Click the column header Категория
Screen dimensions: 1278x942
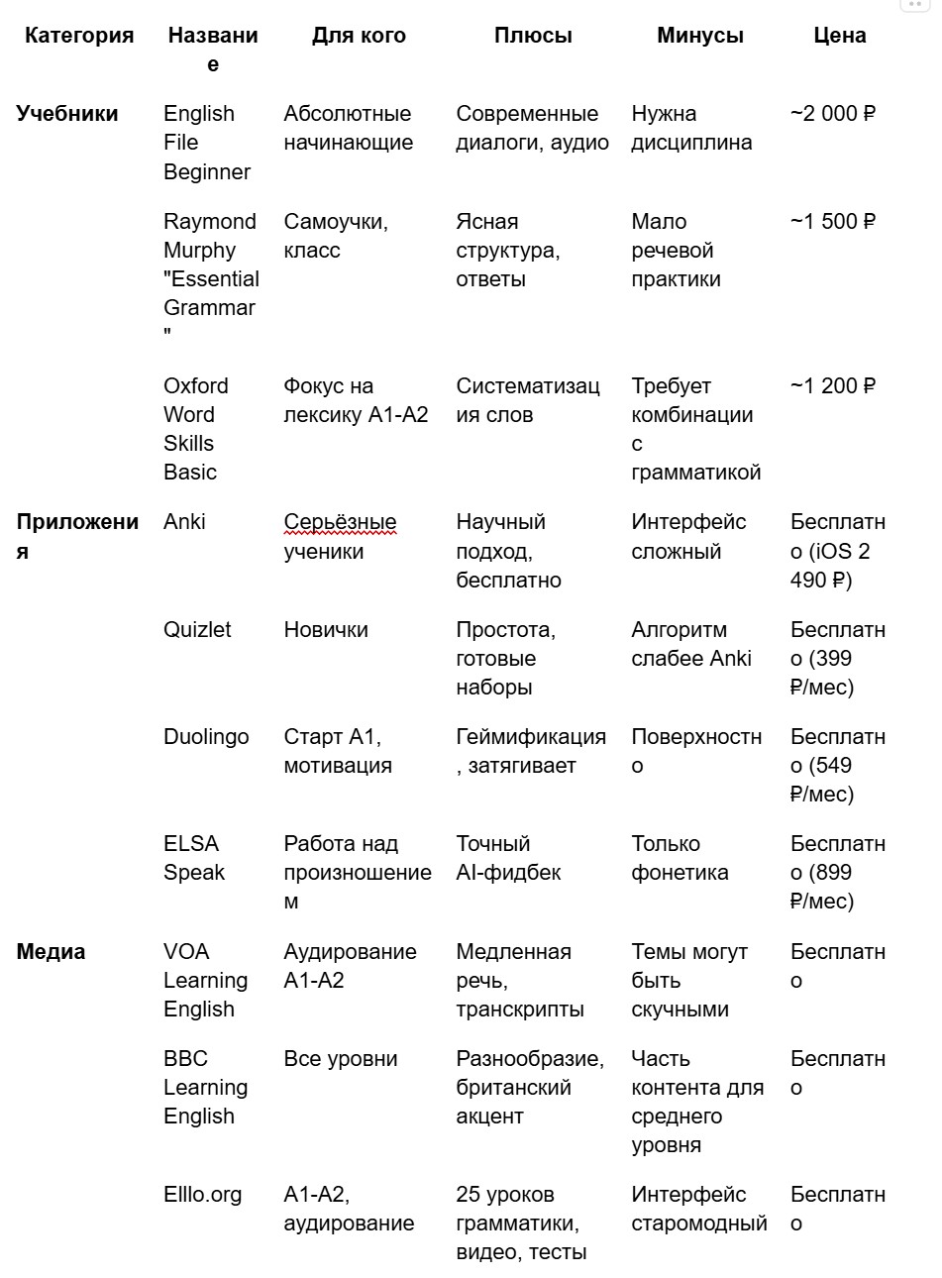pos(79,36)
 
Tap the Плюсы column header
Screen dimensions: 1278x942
pos(533,36)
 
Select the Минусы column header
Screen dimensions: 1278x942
pos(700,36)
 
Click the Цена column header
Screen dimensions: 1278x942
pos(839,36)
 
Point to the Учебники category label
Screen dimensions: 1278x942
pos(67,114)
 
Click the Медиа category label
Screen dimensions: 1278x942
pos(51,952)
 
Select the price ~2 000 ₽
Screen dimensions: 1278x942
pos(833,114)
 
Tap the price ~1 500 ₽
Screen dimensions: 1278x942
pos(833,222)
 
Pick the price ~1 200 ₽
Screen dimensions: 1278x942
pos(833,386)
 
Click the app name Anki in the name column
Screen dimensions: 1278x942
pos(184,522)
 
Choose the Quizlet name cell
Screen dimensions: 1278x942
pos(197,630)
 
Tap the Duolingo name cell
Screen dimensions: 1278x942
pos(206,737)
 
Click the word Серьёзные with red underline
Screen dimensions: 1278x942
pos(340,522)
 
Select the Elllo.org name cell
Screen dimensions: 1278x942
pos(202,1195)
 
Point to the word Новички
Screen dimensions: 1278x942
pos(326,630)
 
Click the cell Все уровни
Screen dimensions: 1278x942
pos(341,1059)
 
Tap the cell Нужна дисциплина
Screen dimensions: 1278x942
pos(691,128)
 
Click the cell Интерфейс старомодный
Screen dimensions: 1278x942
pos(698,1209)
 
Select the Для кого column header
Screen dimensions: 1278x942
pos(359,36)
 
